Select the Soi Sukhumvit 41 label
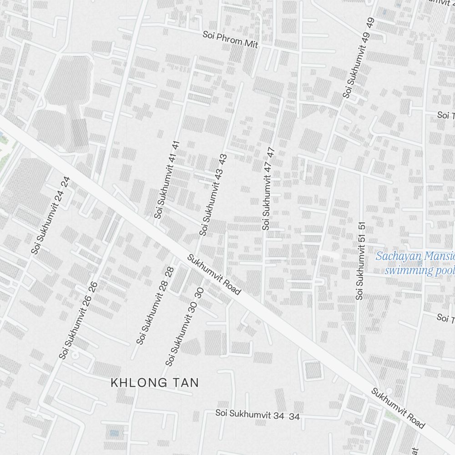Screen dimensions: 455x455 167,179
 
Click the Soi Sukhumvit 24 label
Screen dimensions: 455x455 51,215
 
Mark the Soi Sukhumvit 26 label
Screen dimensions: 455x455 79,320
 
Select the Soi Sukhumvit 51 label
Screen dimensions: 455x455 360,261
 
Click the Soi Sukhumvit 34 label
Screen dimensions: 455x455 258,415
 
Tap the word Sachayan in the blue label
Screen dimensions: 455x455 395,256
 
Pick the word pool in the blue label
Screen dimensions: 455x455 444,270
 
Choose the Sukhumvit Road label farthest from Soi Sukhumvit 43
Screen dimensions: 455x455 398,408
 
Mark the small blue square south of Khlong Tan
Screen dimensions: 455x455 114,433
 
